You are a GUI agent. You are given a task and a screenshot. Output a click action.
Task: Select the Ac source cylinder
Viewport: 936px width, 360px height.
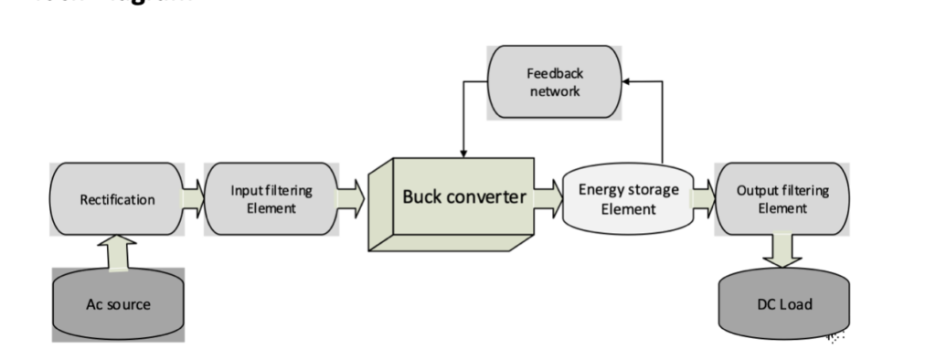click(x=117, y=304)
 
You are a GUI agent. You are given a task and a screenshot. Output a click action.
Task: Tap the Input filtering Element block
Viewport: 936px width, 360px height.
click(x=271, y=198)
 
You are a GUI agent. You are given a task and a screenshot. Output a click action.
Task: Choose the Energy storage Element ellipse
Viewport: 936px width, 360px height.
click(x=629, y=198)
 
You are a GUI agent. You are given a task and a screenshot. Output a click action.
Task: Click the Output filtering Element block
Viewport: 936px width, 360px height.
click(x=782, y=198)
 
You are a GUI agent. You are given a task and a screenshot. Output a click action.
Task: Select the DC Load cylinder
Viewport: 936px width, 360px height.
click(x=782, y=304)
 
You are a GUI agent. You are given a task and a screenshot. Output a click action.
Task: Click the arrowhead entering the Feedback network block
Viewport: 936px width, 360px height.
click(x=624, y=81)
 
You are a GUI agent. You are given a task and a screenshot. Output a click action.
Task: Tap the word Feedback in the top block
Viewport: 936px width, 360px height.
click(x=553, y=74)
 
